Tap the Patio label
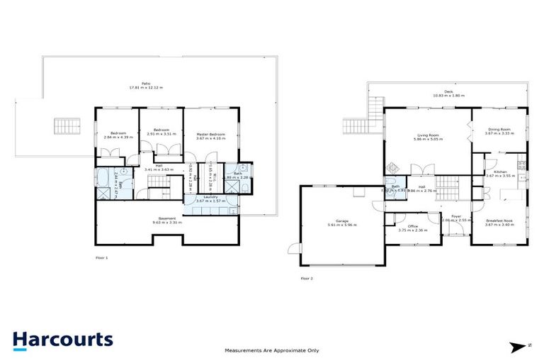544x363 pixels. point(146,83)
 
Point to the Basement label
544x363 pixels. point(166,218)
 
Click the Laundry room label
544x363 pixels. point(210,196)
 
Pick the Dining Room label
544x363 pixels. point(499,129)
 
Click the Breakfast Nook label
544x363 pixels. point(499,220)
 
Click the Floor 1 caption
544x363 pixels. point(101,257)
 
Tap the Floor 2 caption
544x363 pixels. point(306,278)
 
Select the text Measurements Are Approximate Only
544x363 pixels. point(271,350)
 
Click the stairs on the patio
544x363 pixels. point(63,125)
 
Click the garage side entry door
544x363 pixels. point(292,247)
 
